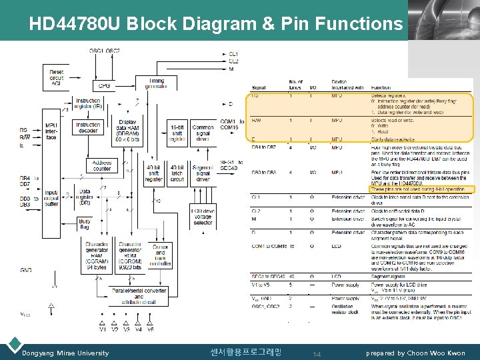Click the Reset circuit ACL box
tap(57, 77)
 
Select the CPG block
tap(105, 85)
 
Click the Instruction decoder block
tap(89, 128)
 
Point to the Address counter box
tap(102, 165)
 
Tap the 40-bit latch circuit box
tap(177, 173)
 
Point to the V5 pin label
tap(151, 329)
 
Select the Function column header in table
tap(381, 87)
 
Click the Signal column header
tap(259, 87)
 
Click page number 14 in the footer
tap(317, 353)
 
